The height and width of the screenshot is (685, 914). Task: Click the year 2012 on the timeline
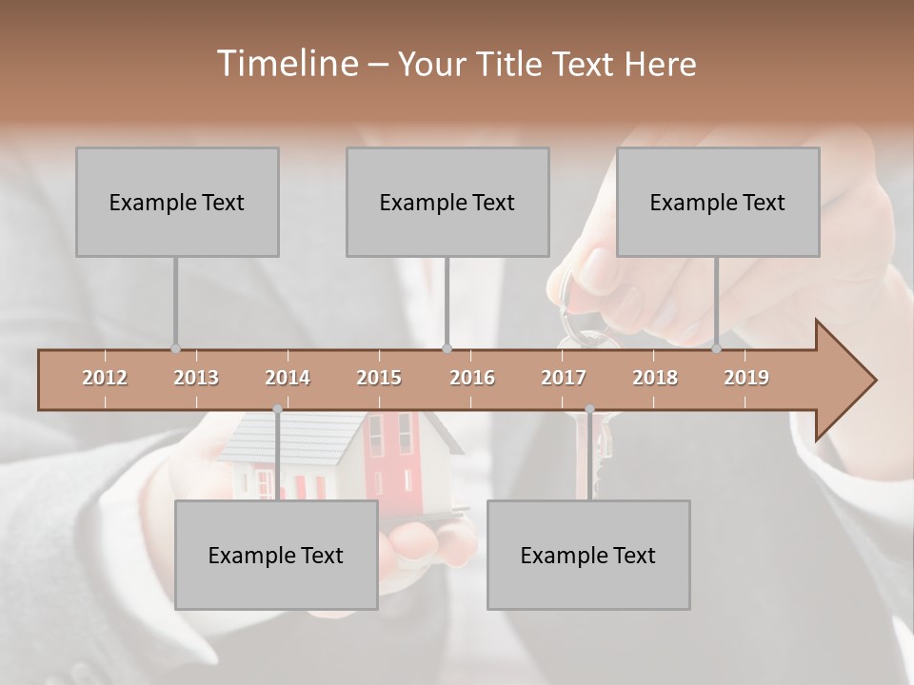coord(105,378)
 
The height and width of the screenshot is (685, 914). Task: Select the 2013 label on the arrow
coord(196,378)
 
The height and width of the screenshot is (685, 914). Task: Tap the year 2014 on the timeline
coord(288,378)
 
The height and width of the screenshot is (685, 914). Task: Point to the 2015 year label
coord(379,378)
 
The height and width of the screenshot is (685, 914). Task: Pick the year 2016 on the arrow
coord(472,378)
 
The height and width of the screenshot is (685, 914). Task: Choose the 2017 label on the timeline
coord(564,378)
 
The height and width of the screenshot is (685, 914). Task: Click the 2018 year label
coord(655,378)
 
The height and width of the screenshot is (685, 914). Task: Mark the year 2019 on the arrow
coord(746,378)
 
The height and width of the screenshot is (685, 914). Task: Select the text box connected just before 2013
coord(177,202)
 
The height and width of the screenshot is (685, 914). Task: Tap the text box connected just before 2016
coord(447,202)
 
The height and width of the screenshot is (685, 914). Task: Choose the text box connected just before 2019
coord(718,202)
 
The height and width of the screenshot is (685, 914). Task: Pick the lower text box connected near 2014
coord(276,555)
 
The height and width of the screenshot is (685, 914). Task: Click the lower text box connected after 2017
coord(588,555)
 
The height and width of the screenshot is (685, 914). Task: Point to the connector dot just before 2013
coord(175,348)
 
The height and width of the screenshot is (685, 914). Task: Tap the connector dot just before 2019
coord(717,348)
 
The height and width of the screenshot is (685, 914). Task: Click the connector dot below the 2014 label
coord(277,409)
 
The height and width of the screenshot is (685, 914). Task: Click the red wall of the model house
coord(401,457)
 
